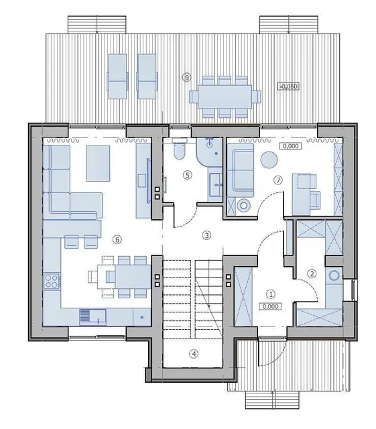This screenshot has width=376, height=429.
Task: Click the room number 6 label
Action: coord(117,239)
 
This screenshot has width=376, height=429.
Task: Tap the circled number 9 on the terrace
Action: coord(186,78)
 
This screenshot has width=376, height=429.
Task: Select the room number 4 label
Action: coord(194,353)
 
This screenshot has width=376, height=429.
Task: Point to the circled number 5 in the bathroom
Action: coord(187,174)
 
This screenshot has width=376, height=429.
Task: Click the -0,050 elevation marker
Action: coord(288,86)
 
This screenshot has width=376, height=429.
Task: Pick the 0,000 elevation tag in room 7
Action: coord(291,146)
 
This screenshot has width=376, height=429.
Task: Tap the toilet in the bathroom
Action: coord(180,149)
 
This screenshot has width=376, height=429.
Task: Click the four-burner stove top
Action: coord(52,281)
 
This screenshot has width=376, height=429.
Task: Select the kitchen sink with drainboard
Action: coord(92,317)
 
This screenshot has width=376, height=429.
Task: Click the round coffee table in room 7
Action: coord(269,160)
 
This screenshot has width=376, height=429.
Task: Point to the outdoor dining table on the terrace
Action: coord(225,97)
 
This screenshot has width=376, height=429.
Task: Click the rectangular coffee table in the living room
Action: coord(98,164)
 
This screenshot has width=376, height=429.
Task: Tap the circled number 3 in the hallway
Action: coord(206,235)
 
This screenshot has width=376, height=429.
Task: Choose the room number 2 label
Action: coord(312,273)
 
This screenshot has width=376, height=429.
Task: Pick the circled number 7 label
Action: coord(278,180)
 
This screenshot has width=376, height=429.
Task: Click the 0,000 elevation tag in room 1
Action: coord(270,306)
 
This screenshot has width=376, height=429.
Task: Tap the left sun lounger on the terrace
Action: coord(118,76)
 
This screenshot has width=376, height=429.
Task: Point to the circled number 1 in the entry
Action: coord(271,294)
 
